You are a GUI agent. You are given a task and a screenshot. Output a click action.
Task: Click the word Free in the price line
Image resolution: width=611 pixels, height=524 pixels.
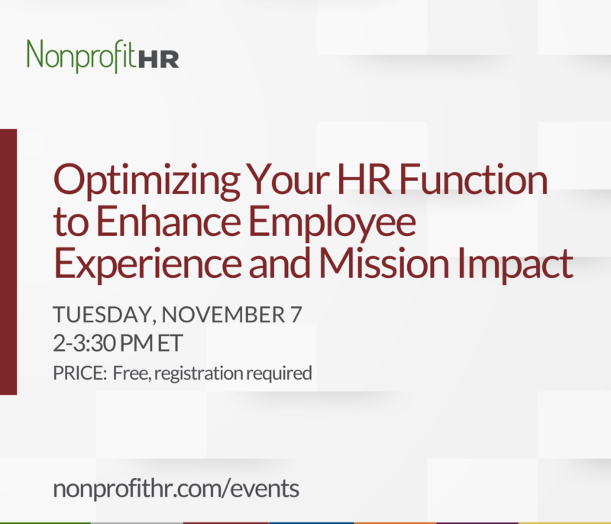tap(128, 374)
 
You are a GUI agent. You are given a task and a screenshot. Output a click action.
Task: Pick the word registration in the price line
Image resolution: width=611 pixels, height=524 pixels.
tap(199, 374)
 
